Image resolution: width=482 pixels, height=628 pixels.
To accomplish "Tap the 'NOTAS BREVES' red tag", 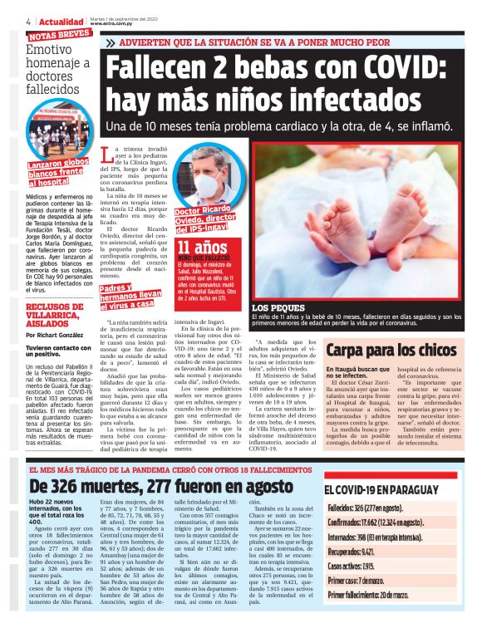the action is [59, 36].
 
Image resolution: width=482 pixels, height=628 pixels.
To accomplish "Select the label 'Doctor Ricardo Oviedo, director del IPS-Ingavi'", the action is [208, 222].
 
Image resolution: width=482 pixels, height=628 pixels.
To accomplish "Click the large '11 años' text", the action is [200, 248].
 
